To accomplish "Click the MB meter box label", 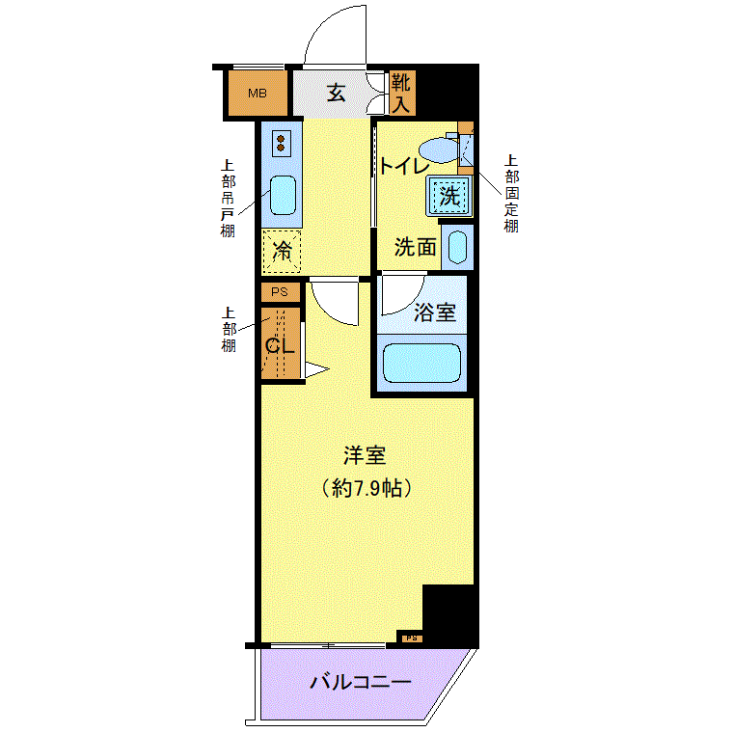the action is click(x=258, y=94).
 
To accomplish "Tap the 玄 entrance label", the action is click(x=336, y=93).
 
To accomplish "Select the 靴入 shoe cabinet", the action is click(x=402, y=93).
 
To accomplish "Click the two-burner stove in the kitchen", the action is click(x=281, y=143).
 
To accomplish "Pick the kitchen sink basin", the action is click(x=283, y=195).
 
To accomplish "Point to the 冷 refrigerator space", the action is click(x=282, y=252).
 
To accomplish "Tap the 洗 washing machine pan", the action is click(x=448, y=196).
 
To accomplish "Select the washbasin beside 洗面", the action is click(x=457, y=247).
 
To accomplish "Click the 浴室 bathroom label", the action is click(x=434, y=312).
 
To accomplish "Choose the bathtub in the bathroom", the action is click(x=421, y=364).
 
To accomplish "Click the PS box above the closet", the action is click(x=280, y=292).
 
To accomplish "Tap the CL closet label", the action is click(x=280, y=346).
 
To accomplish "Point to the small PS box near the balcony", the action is click(x=412, y=638).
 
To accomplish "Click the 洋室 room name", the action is click(x=365, y=455).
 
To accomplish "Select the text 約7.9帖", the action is click(x=366, y=489).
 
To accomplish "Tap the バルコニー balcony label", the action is click(x=361, y=682).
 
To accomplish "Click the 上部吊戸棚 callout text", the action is click(x=228, y=199).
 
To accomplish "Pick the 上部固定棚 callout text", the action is click(x=511, y=193).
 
